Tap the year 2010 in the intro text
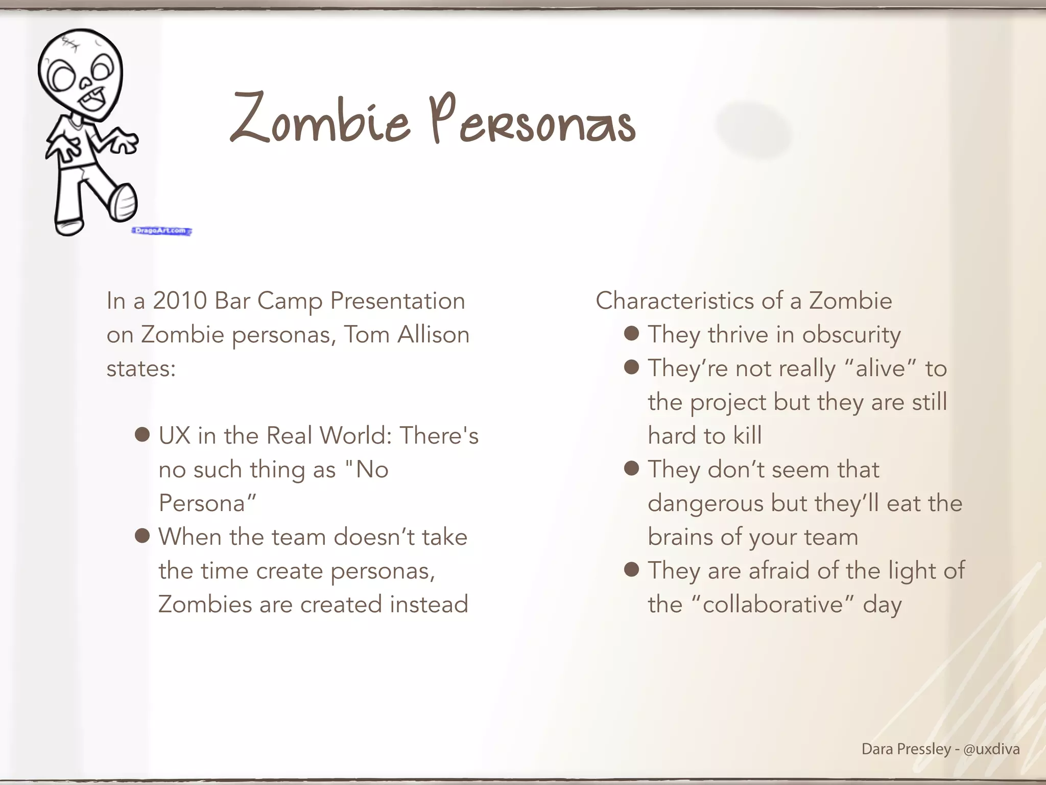click(x=179, y=301)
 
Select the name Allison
click(x=433, y=335)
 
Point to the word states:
click(x=141, y=368)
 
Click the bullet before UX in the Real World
click(x=142, y=435)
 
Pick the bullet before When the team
click(x=142, y=536)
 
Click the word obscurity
click(x=851, y=335)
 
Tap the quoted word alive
click(x=880, y=368)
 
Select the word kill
click(x=747, y=436)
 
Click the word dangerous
click(x=705, y=503)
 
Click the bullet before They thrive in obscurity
click(x=632, y=334)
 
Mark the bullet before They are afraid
click(x=632, y=569)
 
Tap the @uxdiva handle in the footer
click(x=991, y=749)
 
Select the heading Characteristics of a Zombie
click(x=744, y=301)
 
